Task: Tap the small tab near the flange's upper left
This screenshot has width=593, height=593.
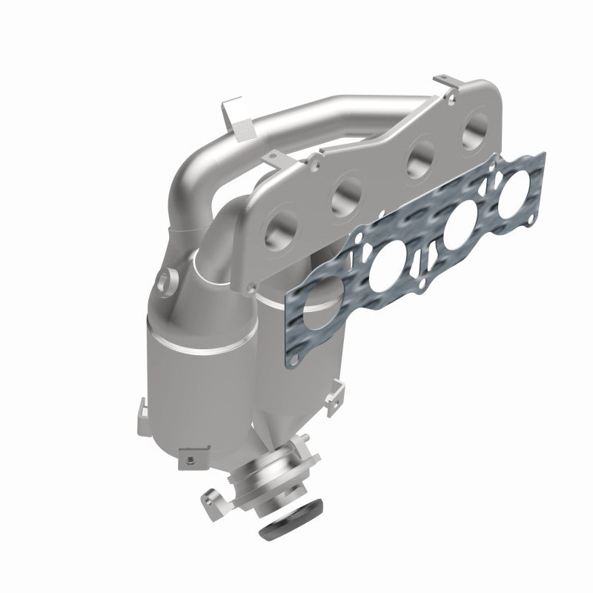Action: coord(277,156)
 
